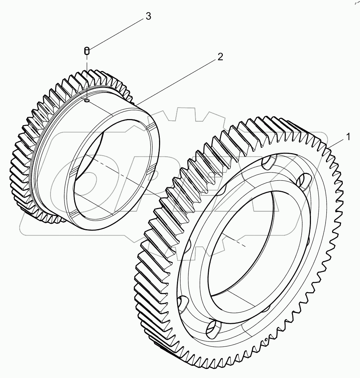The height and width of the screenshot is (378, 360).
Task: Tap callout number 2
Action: point(220,57)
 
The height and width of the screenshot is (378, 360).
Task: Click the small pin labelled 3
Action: point(87,51)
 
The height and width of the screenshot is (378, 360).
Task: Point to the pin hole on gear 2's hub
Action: point(87,101)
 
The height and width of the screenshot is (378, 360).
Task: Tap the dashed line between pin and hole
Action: point(87,77)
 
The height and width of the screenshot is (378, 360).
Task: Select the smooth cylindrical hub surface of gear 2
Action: point(107,118)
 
